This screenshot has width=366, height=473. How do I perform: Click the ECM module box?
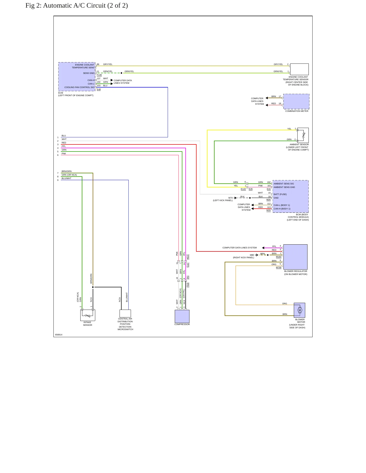[77, 77]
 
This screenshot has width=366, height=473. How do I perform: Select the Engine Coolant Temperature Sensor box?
[299, 69]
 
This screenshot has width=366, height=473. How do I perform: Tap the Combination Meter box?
[296, 101]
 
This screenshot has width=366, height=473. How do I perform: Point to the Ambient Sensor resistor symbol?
[303, 135]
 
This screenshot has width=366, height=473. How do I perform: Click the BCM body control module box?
[291, 197]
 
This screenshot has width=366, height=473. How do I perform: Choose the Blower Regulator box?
[295, 257]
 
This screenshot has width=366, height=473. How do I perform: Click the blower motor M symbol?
[300, 310]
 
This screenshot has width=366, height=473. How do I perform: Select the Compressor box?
[182, 316]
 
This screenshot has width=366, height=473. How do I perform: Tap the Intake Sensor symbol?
[88, 315]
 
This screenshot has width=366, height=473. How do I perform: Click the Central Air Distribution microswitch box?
[125, 313]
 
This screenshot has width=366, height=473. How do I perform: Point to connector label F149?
[99, 75]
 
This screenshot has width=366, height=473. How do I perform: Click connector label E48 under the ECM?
[99, 89]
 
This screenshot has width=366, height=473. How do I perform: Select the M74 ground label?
[230, 198]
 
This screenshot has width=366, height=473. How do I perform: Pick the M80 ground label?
[252, 255]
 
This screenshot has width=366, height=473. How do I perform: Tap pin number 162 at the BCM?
[269, 182]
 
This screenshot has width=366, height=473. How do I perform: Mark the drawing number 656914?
[59, 335]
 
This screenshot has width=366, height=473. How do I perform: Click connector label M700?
[279, 267]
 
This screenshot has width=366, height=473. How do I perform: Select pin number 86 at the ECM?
[98, 64]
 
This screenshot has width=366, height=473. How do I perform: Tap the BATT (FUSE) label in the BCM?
[280, 194]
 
